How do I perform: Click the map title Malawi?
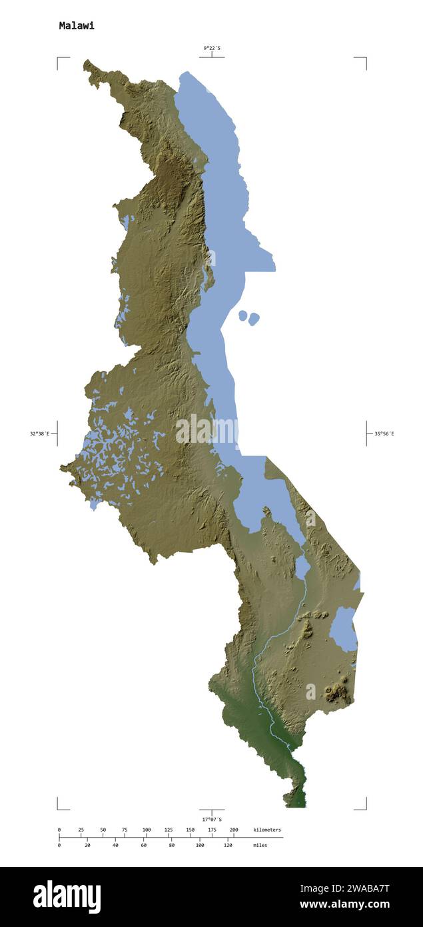(77, 26)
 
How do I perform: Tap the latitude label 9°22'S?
(212, 48)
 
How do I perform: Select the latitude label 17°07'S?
(212, 819)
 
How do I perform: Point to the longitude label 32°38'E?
(39, 433)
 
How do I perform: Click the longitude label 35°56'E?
(384, 433)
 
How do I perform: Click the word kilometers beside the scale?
(267, 830)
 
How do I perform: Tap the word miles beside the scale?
(260, 845)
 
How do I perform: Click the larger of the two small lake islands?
(254, 319)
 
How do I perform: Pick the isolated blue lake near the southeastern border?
(344, 629)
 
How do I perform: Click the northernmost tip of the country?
(86, 61)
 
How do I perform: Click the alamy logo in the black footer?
(67, 897)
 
